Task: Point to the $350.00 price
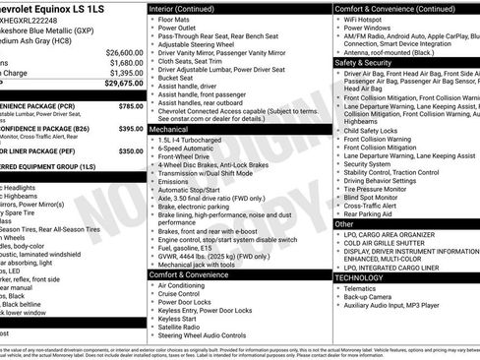coord(131,151)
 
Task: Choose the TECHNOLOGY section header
coord(361,277)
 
